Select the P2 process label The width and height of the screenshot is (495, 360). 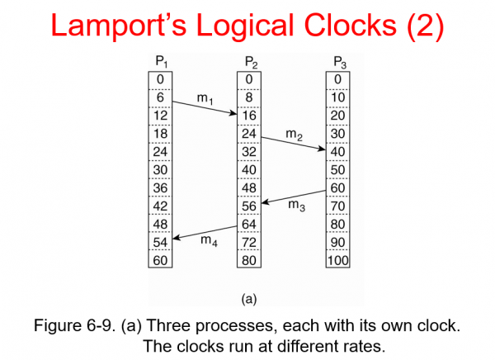pos(250,62)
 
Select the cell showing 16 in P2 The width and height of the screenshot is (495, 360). pos(250,115)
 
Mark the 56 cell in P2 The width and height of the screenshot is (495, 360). pos(250,206)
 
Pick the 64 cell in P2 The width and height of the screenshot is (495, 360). pos(250,225)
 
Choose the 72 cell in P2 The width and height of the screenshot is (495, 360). pos(250,243)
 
